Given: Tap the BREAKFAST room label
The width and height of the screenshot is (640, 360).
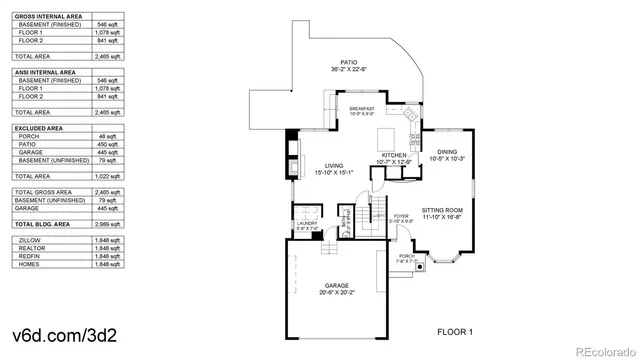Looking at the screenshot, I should point(362,108).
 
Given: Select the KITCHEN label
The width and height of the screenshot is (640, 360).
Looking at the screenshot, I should point(392,155).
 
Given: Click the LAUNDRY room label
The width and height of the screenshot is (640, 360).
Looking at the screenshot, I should point(306,224).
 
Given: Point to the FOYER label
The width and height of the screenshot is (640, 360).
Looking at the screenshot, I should point(401,214).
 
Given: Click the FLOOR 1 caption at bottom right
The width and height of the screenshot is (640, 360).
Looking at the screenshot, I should point(455,330).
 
